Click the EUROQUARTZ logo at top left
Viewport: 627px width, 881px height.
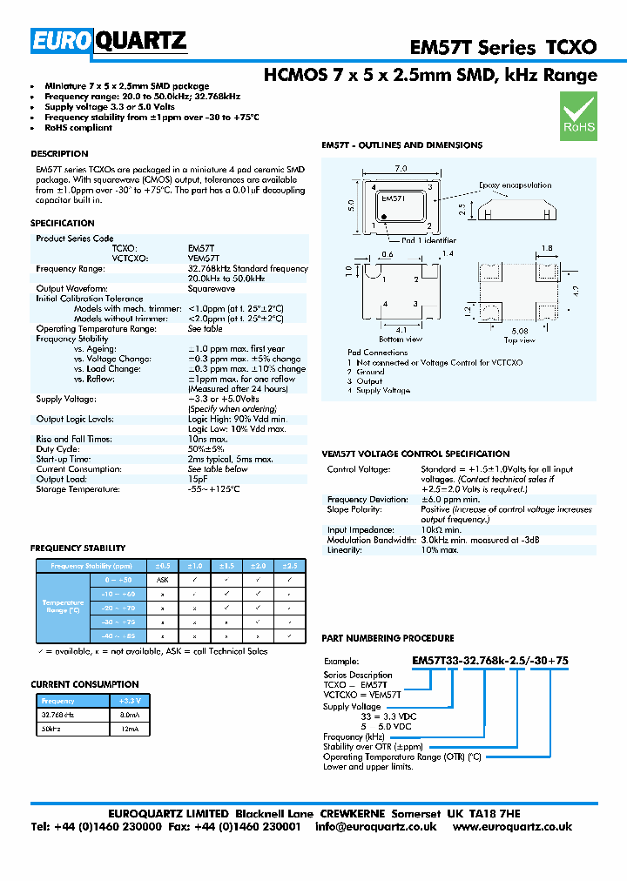point(110,40)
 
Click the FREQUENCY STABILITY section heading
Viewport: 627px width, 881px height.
point(78,548)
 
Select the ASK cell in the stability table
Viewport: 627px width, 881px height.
point(162,579)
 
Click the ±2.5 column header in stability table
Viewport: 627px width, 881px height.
point(289,565)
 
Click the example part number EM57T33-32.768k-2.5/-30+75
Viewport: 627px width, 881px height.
point(489,661)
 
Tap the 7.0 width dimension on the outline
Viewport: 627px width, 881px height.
point(401,168)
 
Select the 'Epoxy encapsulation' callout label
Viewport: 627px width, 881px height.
point(515,185)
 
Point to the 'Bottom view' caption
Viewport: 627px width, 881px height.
point(401,339)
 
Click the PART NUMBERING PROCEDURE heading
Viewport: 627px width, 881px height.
point(388,639)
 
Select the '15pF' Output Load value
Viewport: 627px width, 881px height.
point(198,479)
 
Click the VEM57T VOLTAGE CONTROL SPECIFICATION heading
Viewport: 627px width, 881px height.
point(415,454)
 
